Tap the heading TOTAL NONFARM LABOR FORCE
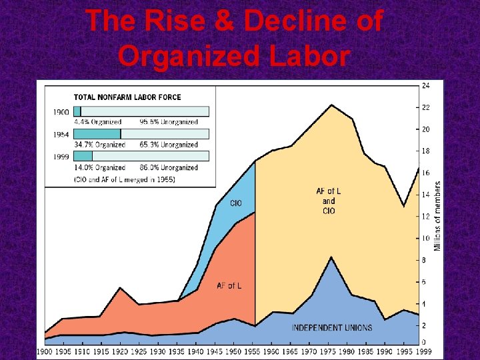click(x=127, y=97)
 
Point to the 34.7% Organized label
click(x=97, y=145)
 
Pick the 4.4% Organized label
click(x=97, y=122)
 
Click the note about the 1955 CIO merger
click(x=124, y=179)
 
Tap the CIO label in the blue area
click(x=235, y=203)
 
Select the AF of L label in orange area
click(x=229, y=286)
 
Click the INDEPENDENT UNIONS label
click(x=331, y=327)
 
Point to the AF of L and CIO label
click(x=329, y=201)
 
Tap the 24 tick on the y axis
click(x=425, y=85)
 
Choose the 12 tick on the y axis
click(x=425, y=217)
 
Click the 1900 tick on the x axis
click(x=45, y=351)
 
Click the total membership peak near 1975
click(x=331, y=105)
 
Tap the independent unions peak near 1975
click(x=331, y=257)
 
